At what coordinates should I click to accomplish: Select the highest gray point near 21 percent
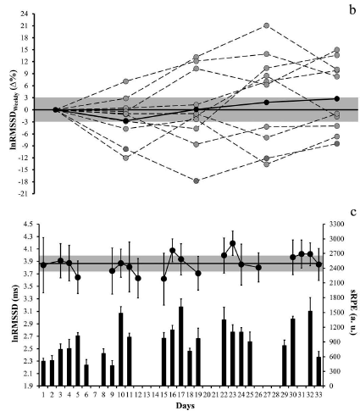[x=267, y=26]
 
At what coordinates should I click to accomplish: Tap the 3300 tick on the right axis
[x=333, y=225]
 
